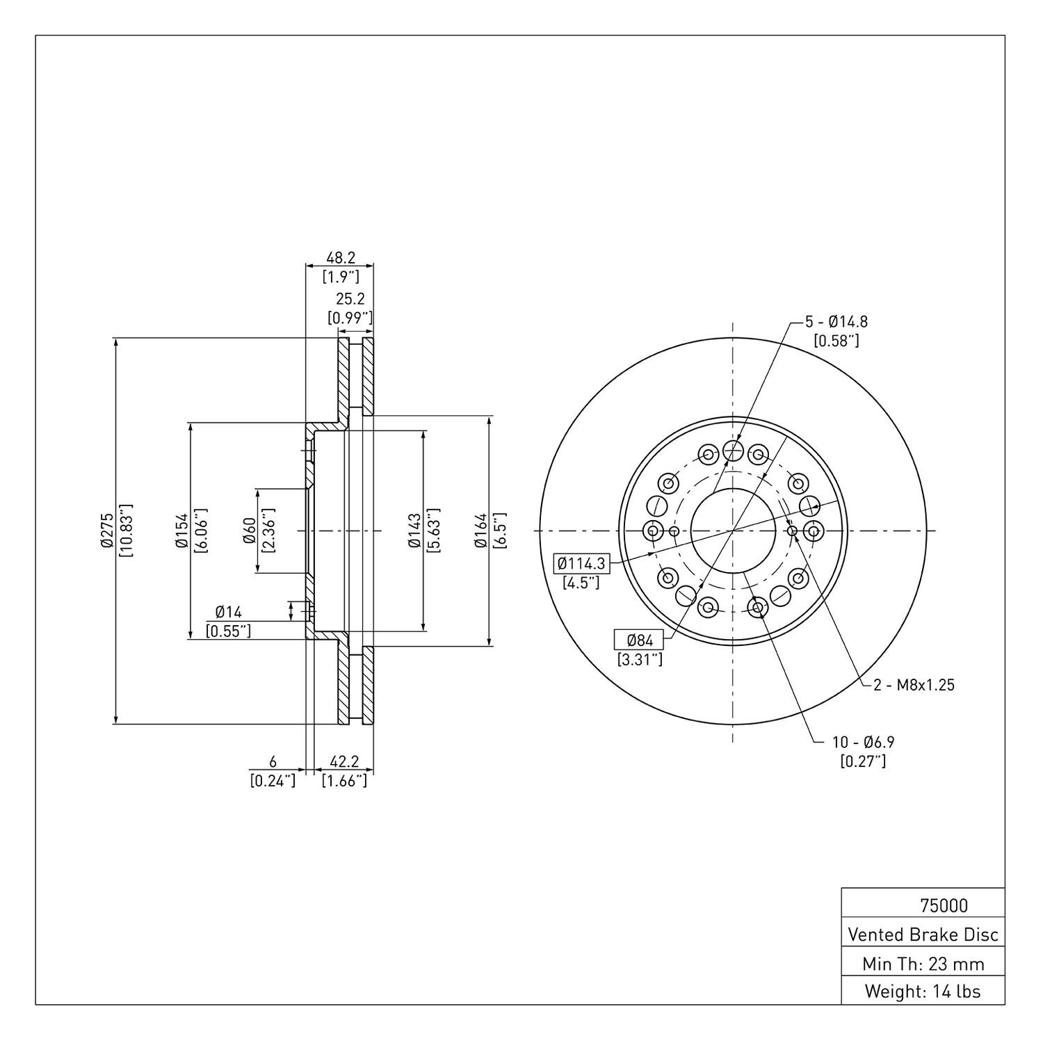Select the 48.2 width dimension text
point(341,257)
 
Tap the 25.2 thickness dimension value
point(350,299)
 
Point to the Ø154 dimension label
point(181,531)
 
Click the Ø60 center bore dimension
point(249,531)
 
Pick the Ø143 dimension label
point(414,531)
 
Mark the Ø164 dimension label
point(480,531)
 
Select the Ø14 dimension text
point(228,612)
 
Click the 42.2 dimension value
point(343,763)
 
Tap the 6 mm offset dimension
point(273,763)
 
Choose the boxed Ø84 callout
point(640,639)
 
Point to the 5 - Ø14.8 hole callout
point(836,322)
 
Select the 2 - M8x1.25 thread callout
point(914,685)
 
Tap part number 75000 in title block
point(944,905)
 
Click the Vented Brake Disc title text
point(923,935)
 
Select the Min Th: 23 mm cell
point(923,964)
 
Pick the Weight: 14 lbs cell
point(923,991)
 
